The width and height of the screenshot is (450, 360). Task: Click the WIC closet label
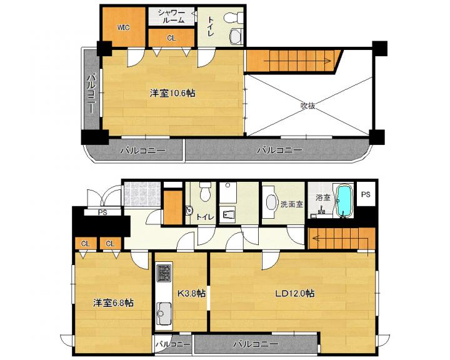[124, 27]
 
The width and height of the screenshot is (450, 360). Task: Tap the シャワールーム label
[171, 16]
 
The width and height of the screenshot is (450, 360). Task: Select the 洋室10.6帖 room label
[172, 93]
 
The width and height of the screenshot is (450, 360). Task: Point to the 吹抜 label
[308, 106]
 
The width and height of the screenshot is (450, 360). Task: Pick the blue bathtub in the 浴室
[344, 201]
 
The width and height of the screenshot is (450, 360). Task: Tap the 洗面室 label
[292, 204]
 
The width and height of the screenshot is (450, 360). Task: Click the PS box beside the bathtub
[366, 194]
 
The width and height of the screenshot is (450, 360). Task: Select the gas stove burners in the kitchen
[164, 272]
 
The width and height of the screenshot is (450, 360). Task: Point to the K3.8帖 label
[191, 293]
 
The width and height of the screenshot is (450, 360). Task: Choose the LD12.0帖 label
[295, 293]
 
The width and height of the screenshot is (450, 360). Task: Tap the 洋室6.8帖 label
[113, 302]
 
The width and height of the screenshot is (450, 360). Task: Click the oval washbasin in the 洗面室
[271, 202]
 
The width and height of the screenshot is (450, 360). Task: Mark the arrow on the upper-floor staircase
[296, 61]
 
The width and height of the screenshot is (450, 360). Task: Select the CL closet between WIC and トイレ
[172, 37]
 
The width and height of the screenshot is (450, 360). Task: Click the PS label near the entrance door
[102, 212]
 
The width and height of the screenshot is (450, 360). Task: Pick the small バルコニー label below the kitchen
[172, 344]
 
